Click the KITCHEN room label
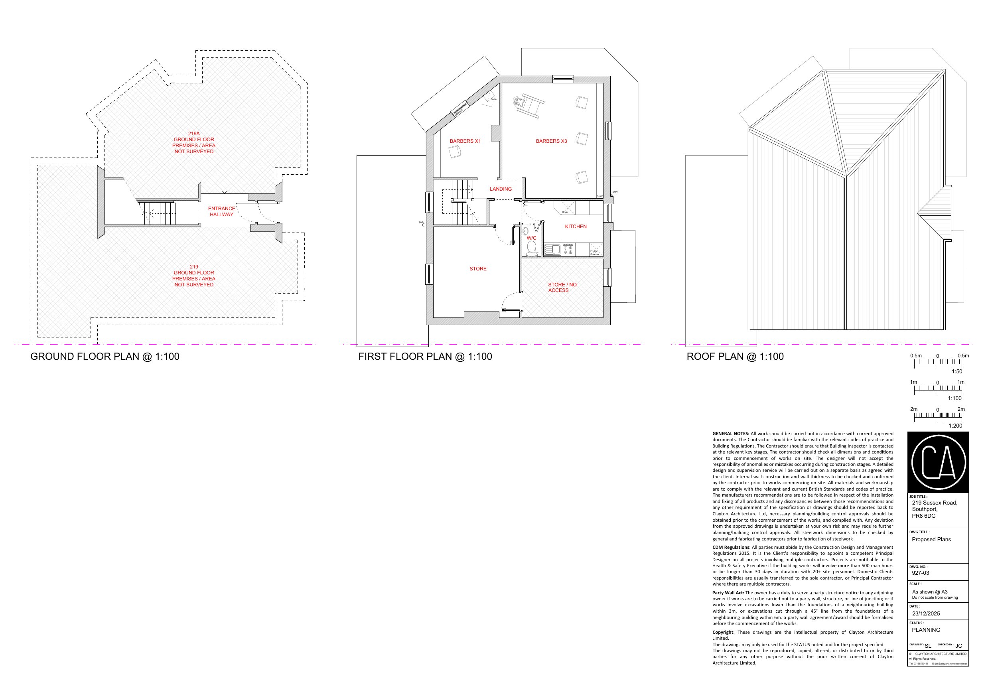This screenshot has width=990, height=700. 576,227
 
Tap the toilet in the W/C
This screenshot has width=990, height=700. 532,248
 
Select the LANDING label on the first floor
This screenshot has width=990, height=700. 501,189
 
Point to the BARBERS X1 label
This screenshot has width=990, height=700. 465,141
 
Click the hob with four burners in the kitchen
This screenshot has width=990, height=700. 568,249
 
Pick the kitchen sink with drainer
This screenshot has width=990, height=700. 552,249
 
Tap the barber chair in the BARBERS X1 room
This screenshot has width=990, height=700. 454,152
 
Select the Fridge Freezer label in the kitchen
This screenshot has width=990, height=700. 594,253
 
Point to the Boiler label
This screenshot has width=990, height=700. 494,100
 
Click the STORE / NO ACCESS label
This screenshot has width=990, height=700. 562,287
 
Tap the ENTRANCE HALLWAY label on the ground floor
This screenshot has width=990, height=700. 221,211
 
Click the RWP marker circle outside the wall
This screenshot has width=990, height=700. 612,195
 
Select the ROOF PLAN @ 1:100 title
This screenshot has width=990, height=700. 735,357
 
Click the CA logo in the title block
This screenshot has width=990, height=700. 938,463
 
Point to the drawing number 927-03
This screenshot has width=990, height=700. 920,573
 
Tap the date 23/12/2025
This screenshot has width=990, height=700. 926,613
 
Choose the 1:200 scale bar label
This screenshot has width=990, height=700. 955,426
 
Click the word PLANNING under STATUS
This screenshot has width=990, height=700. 926,630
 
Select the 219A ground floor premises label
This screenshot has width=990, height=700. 193,142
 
